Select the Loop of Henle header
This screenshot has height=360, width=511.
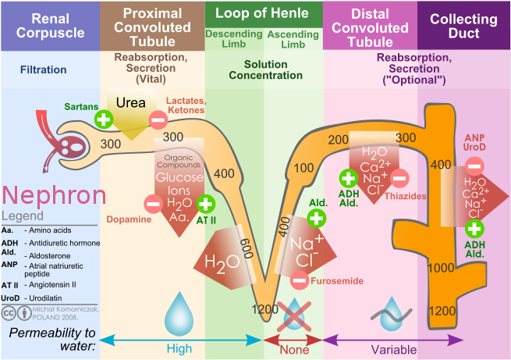tap(262, 12)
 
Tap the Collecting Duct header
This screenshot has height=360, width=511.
tap(464, 25)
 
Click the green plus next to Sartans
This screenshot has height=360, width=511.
tap(103, 119)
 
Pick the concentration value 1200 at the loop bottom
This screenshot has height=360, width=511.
tap(265, 309)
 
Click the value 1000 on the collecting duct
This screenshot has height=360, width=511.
tap(442, 268)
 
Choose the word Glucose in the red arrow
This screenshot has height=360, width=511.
tap(179, 177)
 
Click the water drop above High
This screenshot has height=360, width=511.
tap(179, 318)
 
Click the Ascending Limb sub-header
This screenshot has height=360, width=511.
tap(292, 38)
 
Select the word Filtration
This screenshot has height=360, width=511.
tap(44, 70)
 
